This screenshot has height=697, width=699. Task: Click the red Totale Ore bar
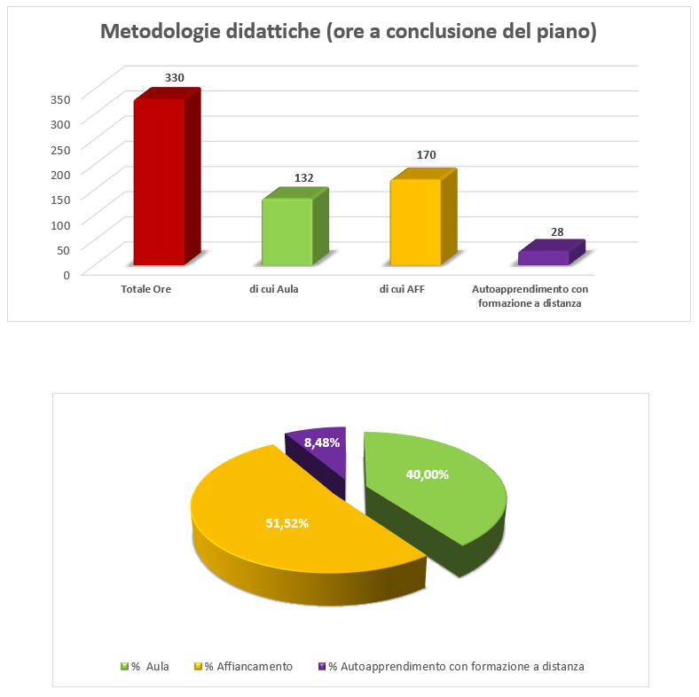point(160,182)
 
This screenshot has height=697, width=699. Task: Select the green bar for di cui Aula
point(287,231)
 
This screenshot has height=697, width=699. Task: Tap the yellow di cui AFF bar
point(416,222)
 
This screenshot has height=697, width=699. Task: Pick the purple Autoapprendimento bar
point(543,258)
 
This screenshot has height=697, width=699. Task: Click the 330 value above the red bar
point(175,78)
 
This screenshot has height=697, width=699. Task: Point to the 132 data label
point(304,178)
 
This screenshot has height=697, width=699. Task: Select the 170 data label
point(427,155)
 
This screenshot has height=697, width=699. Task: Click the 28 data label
point(557,232)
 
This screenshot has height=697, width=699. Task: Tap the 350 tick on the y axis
point(60,98)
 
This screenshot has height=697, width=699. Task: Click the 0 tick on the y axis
point(67,274)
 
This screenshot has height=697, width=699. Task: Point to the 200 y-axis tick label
point(60,174)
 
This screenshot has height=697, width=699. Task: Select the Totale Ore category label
point(145,289)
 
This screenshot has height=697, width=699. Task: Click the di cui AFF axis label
point(402,289)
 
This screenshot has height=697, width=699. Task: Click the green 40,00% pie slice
point(435,488)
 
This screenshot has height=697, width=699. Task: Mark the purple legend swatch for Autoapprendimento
point(321,666)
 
